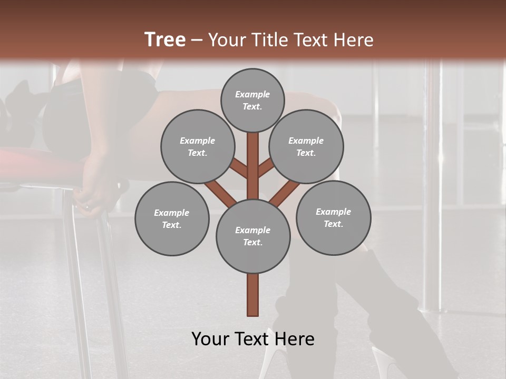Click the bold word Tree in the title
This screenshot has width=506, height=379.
pyautogui.click(x=165, y=40)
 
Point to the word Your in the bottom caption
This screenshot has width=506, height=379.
pyautogui.click(x=211, y=339)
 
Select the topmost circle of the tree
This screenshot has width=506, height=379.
pyautogui.click(x=252, y=100)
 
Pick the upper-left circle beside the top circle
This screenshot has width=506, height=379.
pyautogui.click(x=198, y=146)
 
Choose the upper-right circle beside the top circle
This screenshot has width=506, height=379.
pyautogui.click(x=306, y=146)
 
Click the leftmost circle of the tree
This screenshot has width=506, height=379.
pyautogui.click(x=172, y=218)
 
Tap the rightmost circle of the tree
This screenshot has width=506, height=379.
pyautogui.click(x=333, y=217)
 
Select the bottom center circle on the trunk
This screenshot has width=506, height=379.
pyautogui.click(x=253, y=236)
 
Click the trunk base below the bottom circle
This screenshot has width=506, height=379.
pyautogui.click(x=253, y=295)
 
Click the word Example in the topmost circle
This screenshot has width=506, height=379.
pyautogui.click(x=252, y=94)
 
